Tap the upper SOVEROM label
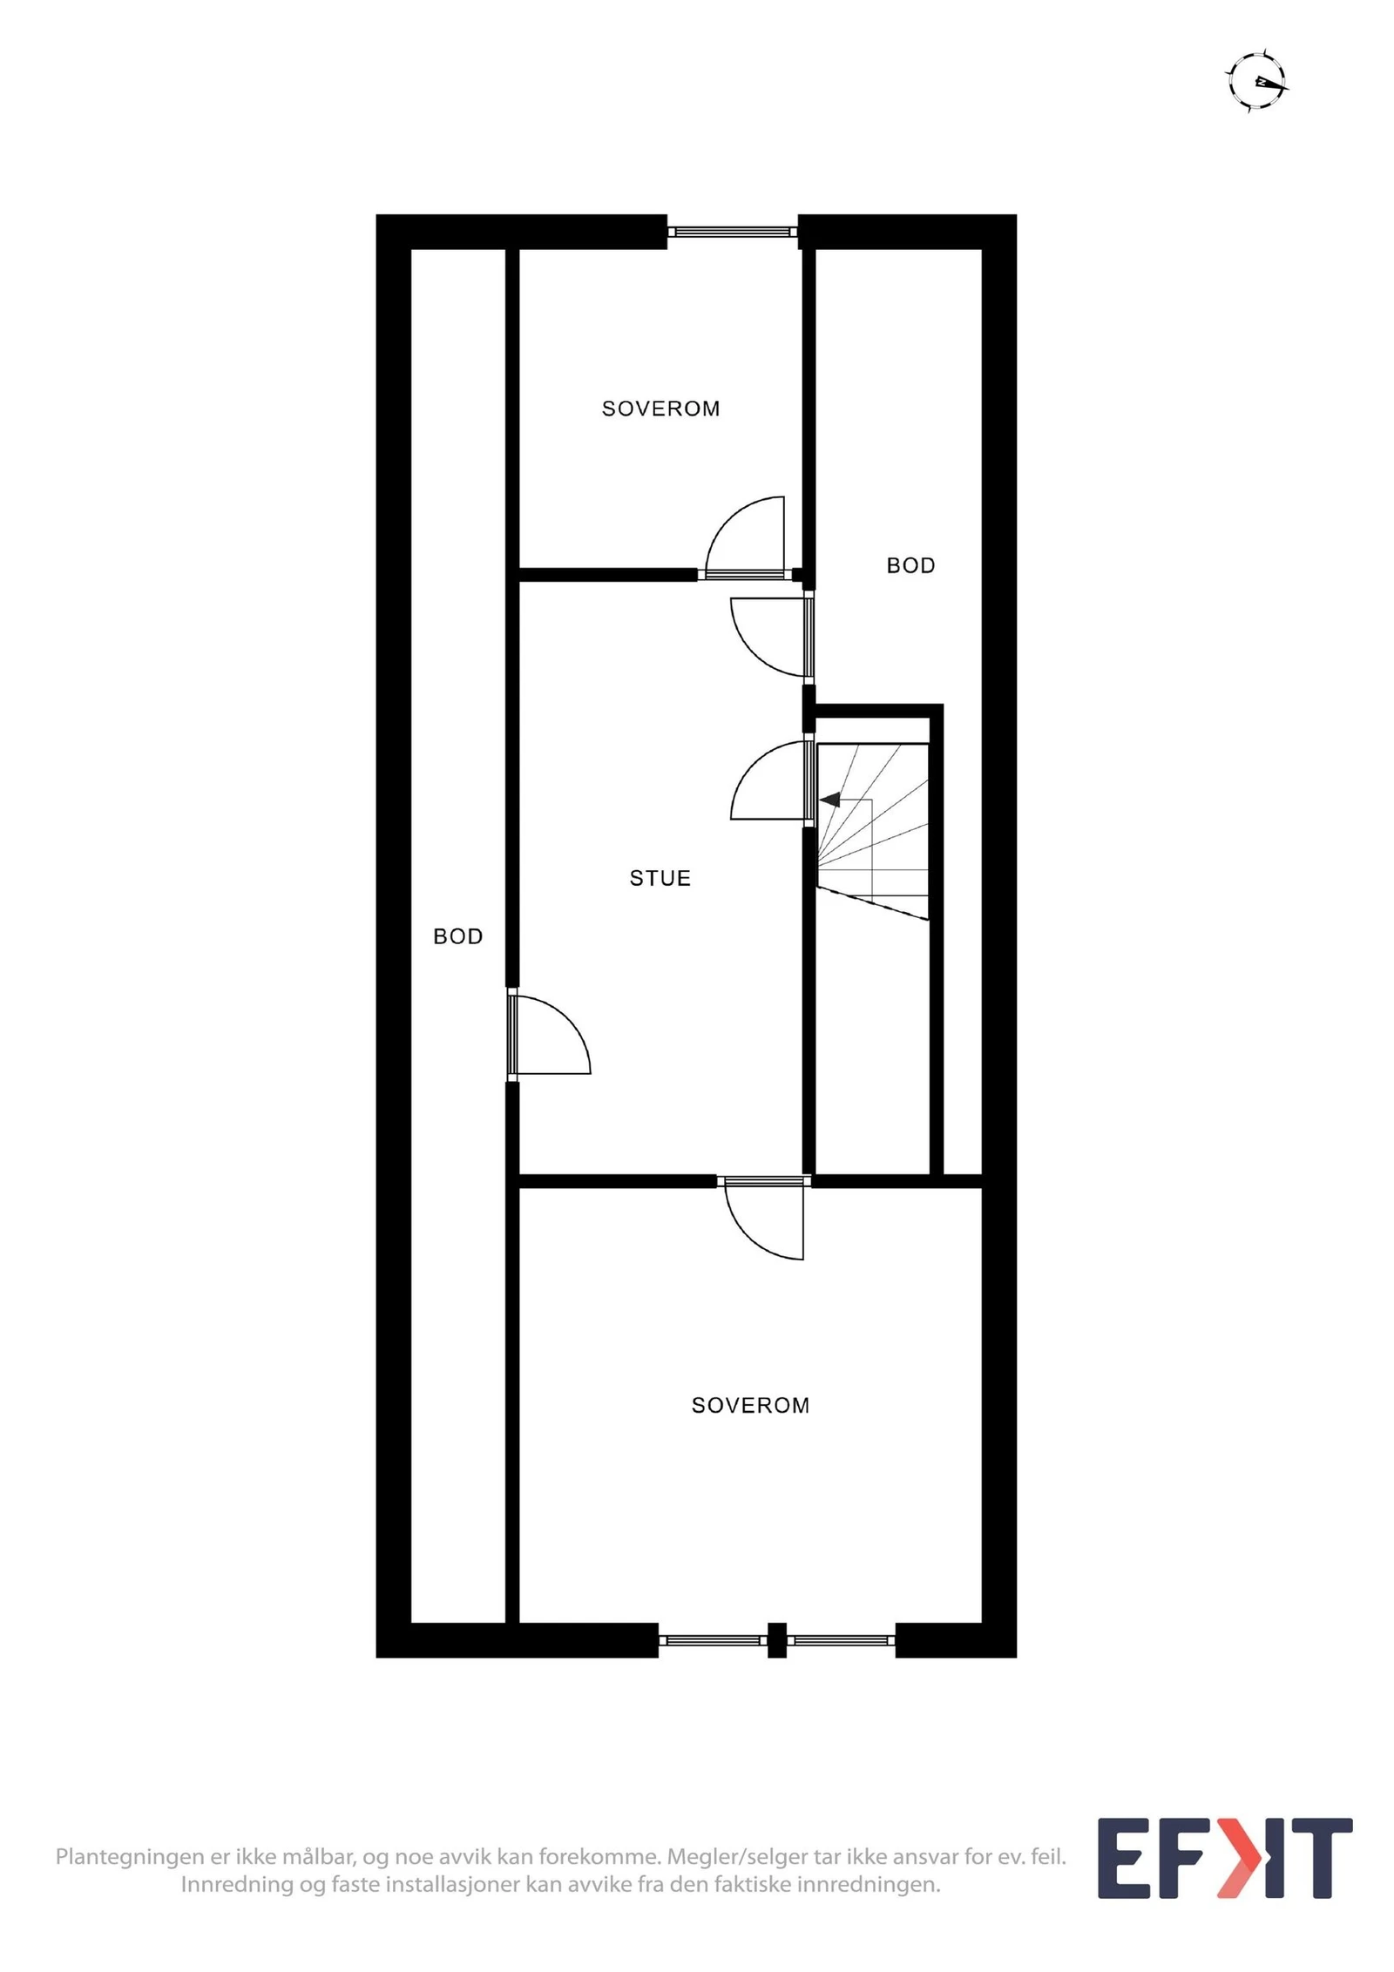(x=660, y=409)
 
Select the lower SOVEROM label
(x=750, y=1405)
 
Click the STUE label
(x=660, y=878)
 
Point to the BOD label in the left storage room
(x=457, y=936)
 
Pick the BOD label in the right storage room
(x=910, y=565)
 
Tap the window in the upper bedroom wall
(x=733, y=232)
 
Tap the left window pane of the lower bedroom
(x=712, y=1640)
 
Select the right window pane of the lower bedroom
(x=842, y=1640)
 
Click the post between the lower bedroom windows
(x=776, y=1640)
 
